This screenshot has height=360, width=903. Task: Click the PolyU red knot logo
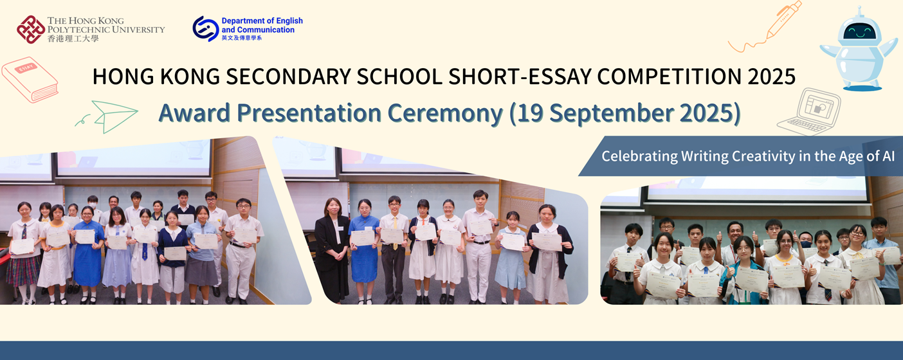[x=30, y=30]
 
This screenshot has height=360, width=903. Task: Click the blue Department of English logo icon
[x=205, y=29]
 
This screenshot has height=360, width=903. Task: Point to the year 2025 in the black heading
[x=771, y=76]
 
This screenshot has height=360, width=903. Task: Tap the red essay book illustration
[x=30, y=79]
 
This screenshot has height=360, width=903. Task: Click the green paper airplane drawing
[x=114, y=116]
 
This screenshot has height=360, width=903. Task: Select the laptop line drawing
[x=810, y=111]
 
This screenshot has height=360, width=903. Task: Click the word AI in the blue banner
[x=888, y=156]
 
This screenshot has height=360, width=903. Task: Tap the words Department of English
[x=262, y=21]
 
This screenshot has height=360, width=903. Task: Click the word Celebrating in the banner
[x=631, y=156]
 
